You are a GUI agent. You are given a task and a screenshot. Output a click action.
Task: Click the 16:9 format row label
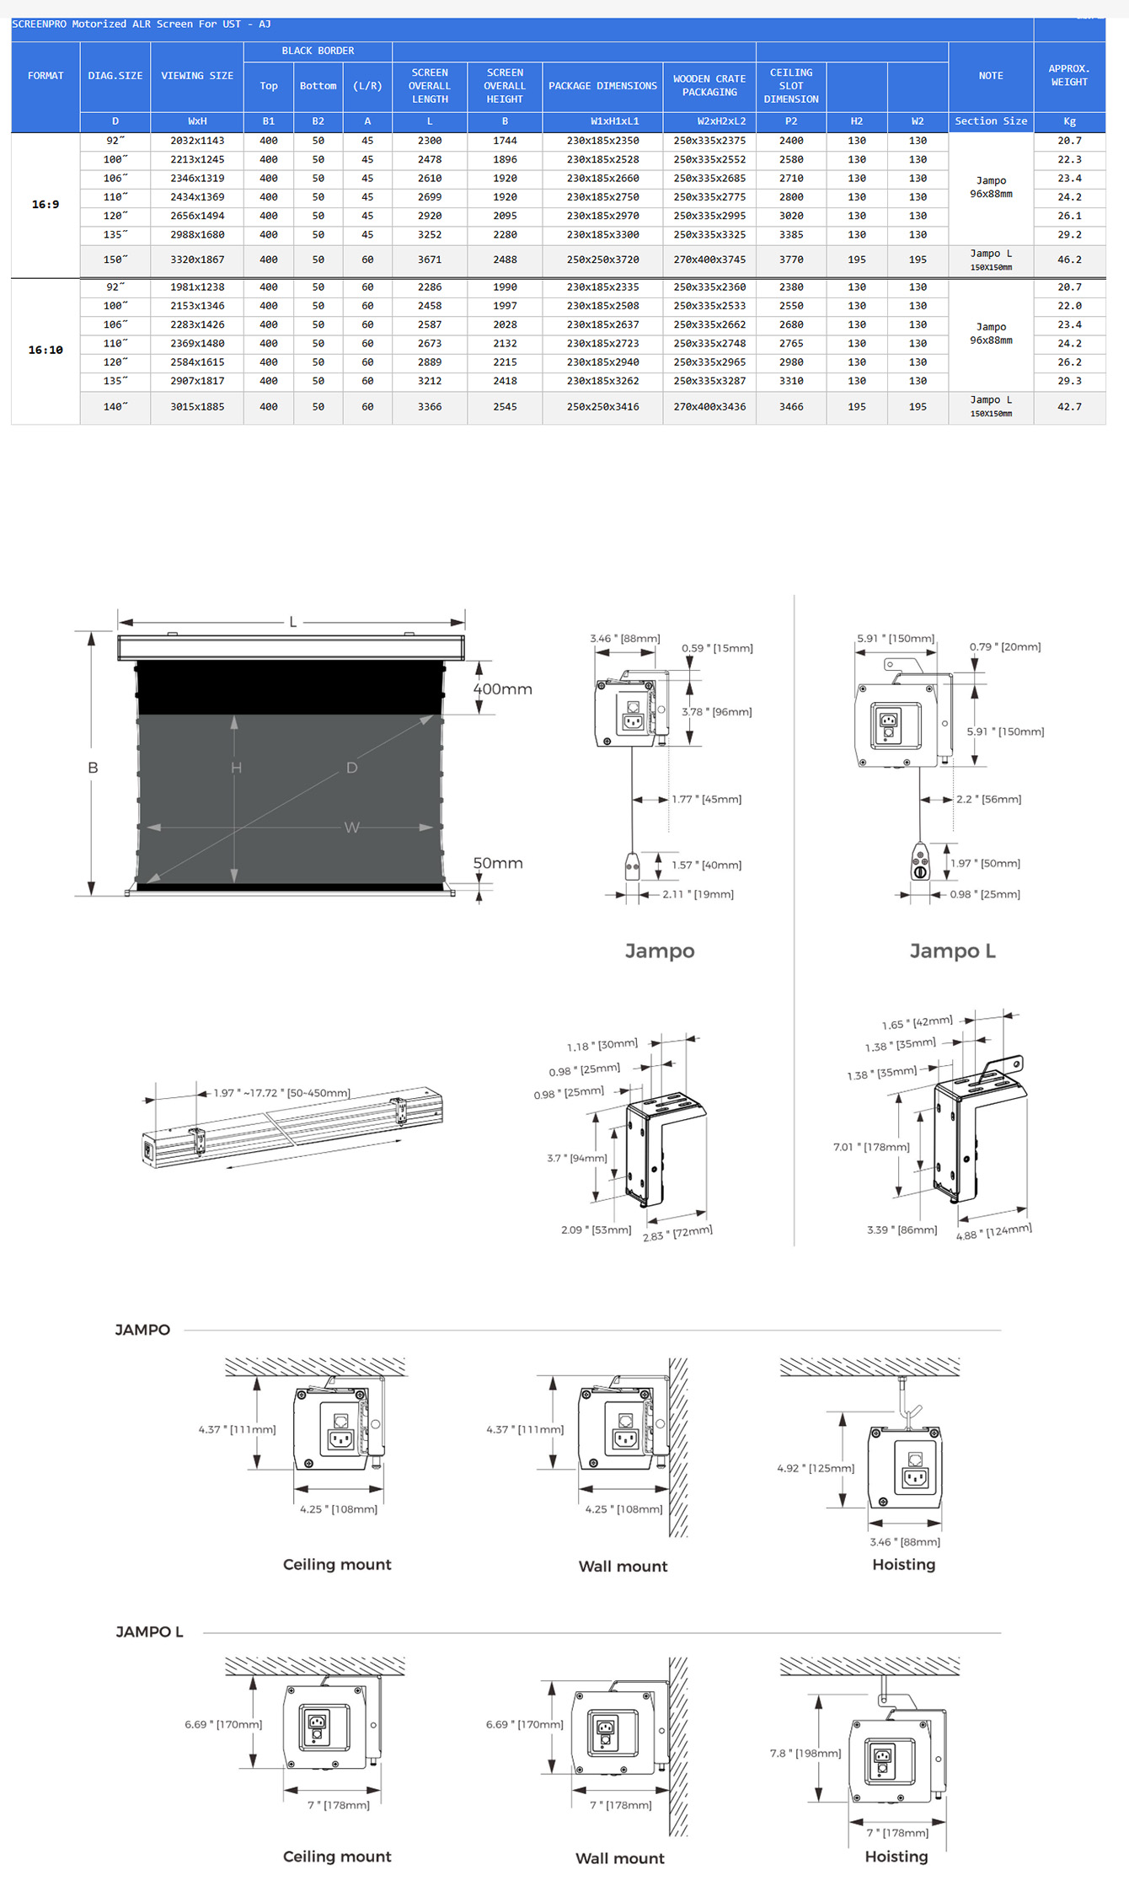click(x=45, y=205)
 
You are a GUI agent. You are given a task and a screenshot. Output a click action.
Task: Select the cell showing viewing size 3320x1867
click(x=197, y=260)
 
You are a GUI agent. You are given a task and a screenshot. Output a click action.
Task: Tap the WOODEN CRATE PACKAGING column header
click(x=709, y=86)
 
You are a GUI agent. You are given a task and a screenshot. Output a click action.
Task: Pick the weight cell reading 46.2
click(x=1069, y=260)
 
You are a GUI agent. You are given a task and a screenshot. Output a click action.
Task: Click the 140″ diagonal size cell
click(x=115, y=407)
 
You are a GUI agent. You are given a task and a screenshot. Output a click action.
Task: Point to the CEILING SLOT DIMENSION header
click(x=790, y=86)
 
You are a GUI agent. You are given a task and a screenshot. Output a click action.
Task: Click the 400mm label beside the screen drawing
click(x=502, y=689)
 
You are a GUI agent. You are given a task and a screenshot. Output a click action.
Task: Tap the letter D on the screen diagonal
click(x=352, y=768)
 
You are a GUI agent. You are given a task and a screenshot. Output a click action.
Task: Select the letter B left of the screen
click(x=93, y=768)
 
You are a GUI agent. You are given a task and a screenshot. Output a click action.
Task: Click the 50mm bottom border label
click(x=497, y=864)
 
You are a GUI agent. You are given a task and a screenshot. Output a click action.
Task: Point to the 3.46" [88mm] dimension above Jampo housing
click(x=624, y=639)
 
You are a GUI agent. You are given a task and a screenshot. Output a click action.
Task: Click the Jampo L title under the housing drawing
click(x=952, y=951)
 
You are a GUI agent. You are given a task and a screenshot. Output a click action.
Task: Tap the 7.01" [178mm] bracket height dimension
click(x=871, y=1147)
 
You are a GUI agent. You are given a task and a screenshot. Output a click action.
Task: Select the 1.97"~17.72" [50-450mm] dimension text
click(x=281, y=1093)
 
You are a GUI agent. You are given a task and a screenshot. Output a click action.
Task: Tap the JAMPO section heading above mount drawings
click(x=142, y=1330)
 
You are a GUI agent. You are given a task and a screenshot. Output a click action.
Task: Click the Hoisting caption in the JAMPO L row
click(x=896, y=1856)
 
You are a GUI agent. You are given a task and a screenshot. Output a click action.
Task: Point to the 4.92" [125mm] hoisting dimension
click(x=815, y=1468)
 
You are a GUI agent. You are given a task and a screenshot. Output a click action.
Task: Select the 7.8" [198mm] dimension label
click(x=805, y=1753)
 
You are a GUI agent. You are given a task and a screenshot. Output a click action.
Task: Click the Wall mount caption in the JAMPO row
click(x=623, y=1567)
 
